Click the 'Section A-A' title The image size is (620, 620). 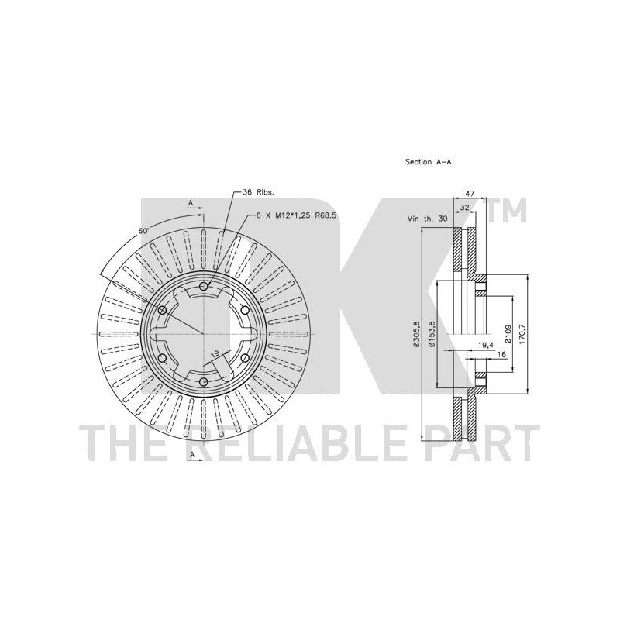[429, 162]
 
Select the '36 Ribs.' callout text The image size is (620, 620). [258, 192]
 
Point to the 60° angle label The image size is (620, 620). [143, 230]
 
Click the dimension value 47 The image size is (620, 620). [470, 194]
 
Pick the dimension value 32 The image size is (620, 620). [464, 207]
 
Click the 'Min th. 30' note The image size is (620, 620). [428, 219]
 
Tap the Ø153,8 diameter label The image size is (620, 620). [432, 334]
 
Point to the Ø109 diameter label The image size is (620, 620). [508, 335]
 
